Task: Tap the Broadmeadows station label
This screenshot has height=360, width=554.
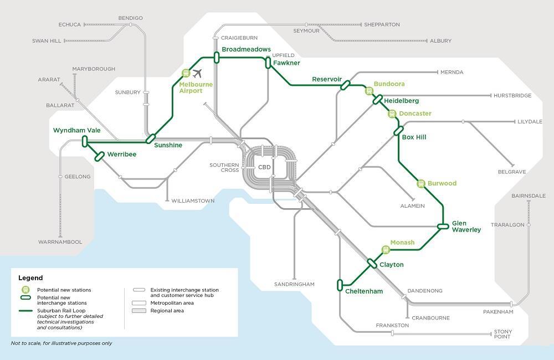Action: point(246,50)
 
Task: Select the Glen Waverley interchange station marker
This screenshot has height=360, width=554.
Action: point(443,226)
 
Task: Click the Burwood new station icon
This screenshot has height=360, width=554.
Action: point(420,183)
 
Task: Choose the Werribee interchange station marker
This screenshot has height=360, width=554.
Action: point(100,156)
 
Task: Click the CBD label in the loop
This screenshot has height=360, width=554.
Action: point(264,167)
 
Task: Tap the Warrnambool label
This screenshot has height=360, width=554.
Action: point(60,242)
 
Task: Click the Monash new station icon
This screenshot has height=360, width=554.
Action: point(386,250)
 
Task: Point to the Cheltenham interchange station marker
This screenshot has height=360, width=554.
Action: point(340,285)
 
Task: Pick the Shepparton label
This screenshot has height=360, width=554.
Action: point(382,25)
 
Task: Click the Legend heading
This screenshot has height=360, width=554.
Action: point(30,277)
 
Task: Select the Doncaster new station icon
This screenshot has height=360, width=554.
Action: point(392,114)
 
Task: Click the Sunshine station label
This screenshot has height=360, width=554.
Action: point(168,145)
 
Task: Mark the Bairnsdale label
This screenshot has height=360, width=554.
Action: point(529,196)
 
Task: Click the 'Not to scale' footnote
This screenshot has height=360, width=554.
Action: point(61,343)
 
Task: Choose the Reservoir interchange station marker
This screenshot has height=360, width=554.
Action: point(345,85)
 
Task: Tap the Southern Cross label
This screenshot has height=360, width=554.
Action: point(224,168)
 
